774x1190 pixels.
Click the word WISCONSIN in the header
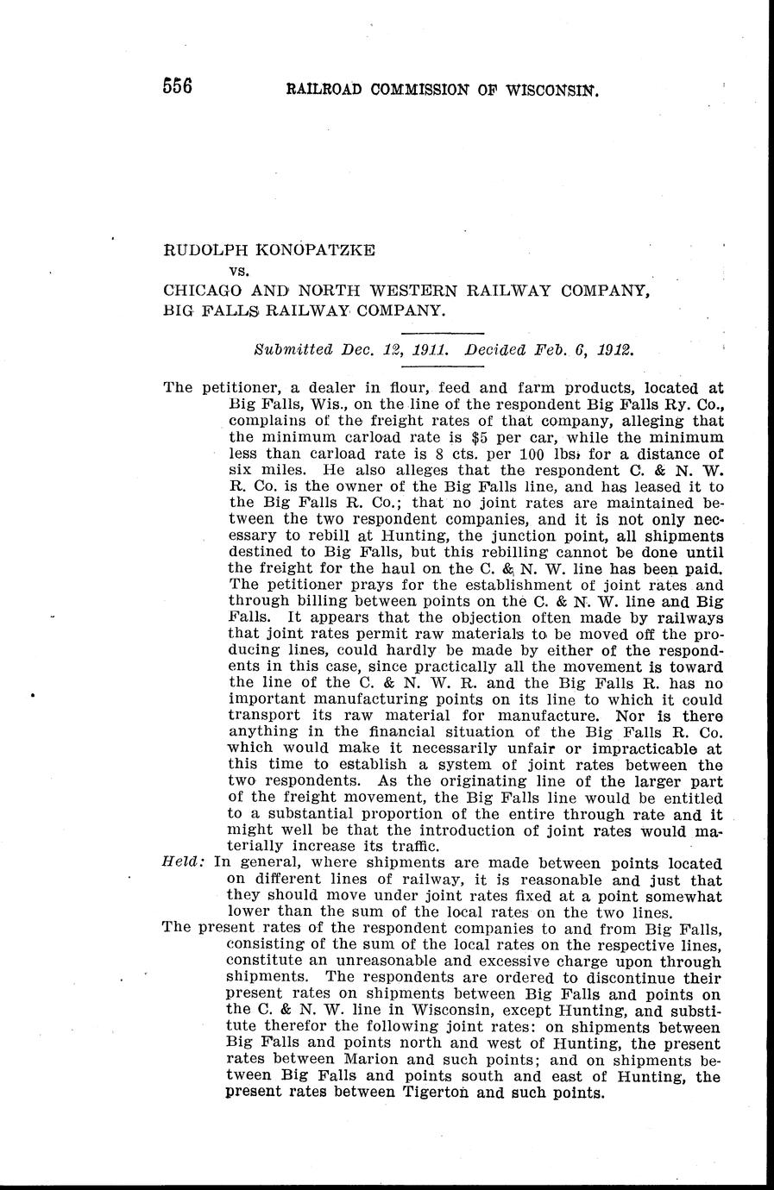550,90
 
